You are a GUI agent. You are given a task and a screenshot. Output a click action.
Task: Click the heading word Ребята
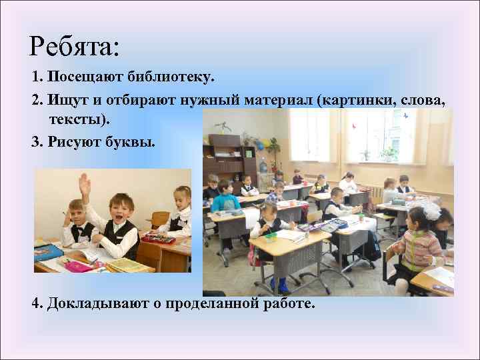(73, 46)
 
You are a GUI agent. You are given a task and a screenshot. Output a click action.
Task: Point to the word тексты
(75, 120)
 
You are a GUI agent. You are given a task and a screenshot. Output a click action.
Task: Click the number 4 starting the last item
(35, 304)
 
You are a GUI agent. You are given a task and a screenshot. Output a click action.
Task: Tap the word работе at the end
(288, 304)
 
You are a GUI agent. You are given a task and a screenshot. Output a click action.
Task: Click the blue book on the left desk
(47, 252)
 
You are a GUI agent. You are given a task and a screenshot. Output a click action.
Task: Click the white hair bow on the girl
(432, 211)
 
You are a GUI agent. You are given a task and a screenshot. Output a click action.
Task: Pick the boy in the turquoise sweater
(225, 200)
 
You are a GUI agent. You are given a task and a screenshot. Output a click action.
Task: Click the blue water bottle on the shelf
(262, 164)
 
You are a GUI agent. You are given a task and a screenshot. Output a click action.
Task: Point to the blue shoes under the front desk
(279, 285)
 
